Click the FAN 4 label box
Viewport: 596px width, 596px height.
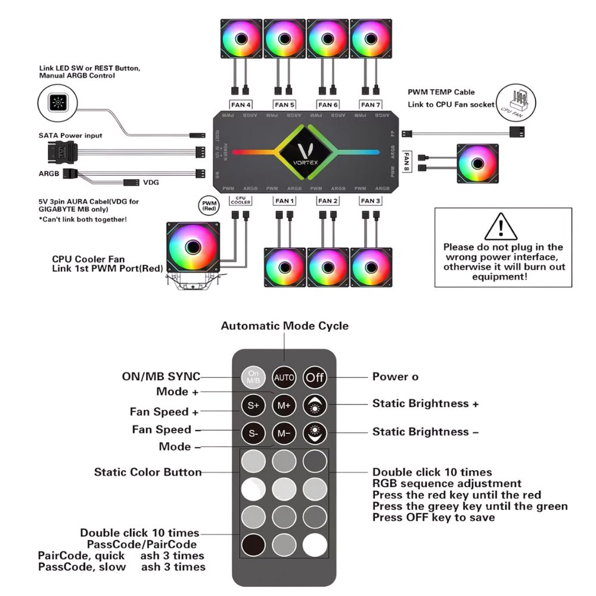click(x=241, y=105)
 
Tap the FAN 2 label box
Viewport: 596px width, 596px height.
click(x=327, y=201)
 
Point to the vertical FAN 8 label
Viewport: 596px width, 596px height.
click(x=408, y=161)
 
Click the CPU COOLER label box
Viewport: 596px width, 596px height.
click(x=241, y=200)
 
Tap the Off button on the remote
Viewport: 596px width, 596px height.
click(x=315, y=377)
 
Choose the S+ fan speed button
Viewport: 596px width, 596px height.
click(x=253, y=405)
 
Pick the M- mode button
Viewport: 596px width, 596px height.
click(x=284, y=433)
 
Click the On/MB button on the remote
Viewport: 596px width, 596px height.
click(x=253, y=377)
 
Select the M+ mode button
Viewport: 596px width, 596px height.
click(x=284, y=405)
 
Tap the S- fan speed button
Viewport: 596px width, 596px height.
click(x=253, y=433)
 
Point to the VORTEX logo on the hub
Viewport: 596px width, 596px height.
click(x=306, y=152)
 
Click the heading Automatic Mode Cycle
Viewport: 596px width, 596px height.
click(x=284, y=326)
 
